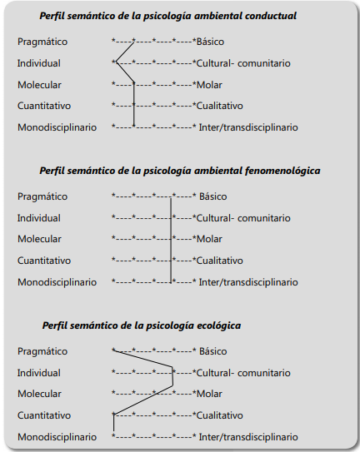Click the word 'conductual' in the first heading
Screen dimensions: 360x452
[x=271, y=16]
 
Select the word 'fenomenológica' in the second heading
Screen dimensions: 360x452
[x=282, y=171]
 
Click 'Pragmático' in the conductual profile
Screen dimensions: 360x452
[x=42, y=42]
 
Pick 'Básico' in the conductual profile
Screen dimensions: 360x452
[x=210, y=42]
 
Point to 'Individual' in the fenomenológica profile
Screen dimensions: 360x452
[x=39, y=218]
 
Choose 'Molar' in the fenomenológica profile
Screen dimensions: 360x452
[x=209, y=239]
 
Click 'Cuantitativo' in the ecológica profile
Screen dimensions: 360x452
[x=44, y=415]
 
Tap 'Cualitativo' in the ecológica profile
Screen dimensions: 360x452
[x=220, y=415]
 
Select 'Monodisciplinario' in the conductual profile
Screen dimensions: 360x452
[x=57, y=127]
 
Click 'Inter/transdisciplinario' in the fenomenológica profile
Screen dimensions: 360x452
[x=248, y=282]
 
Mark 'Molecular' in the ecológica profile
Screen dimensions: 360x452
[x=39, y=394]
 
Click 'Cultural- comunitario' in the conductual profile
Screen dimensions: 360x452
[x=243, y=63]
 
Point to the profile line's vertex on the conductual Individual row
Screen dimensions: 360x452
[x=116, y=62]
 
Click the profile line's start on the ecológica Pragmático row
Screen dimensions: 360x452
[x=113, y=350]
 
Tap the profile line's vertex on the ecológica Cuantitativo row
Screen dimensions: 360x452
[x=113, y=415]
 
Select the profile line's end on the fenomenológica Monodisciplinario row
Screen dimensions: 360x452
[x=171, y=282]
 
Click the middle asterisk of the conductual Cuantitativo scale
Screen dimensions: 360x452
[x=154, y=105]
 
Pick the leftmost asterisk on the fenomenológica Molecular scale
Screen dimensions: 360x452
[x=113, y=238]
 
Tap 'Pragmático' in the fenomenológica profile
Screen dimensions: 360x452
[x=42, y=196]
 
